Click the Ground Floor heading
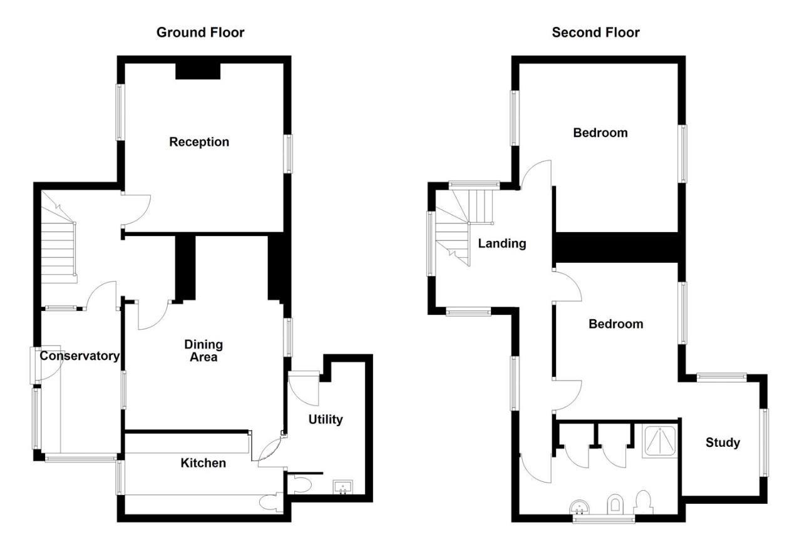(x=200, y=32)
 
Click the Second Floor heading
(x=595, y=32)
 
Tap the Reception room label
(x=199, y=142)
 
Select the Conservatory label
(x=80, y=356)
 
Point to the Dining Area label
(x=203, y=350)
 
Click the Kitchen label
(x=203, y=463)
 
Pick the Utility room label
(x=326, y=419)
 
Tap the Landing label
(x=502, y=243)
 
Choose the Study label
(x=723, y=442)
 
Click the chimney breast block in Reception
(x=198, y=71)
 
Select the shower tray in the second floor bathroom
(x=660, y=441)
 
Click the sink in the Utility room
(x=342, y=487)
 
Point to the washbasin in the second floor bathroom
(x=580, y=506)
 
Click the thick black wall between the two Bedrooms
(x=617, y=247)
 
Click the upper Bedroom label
(x=600, y=133)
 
